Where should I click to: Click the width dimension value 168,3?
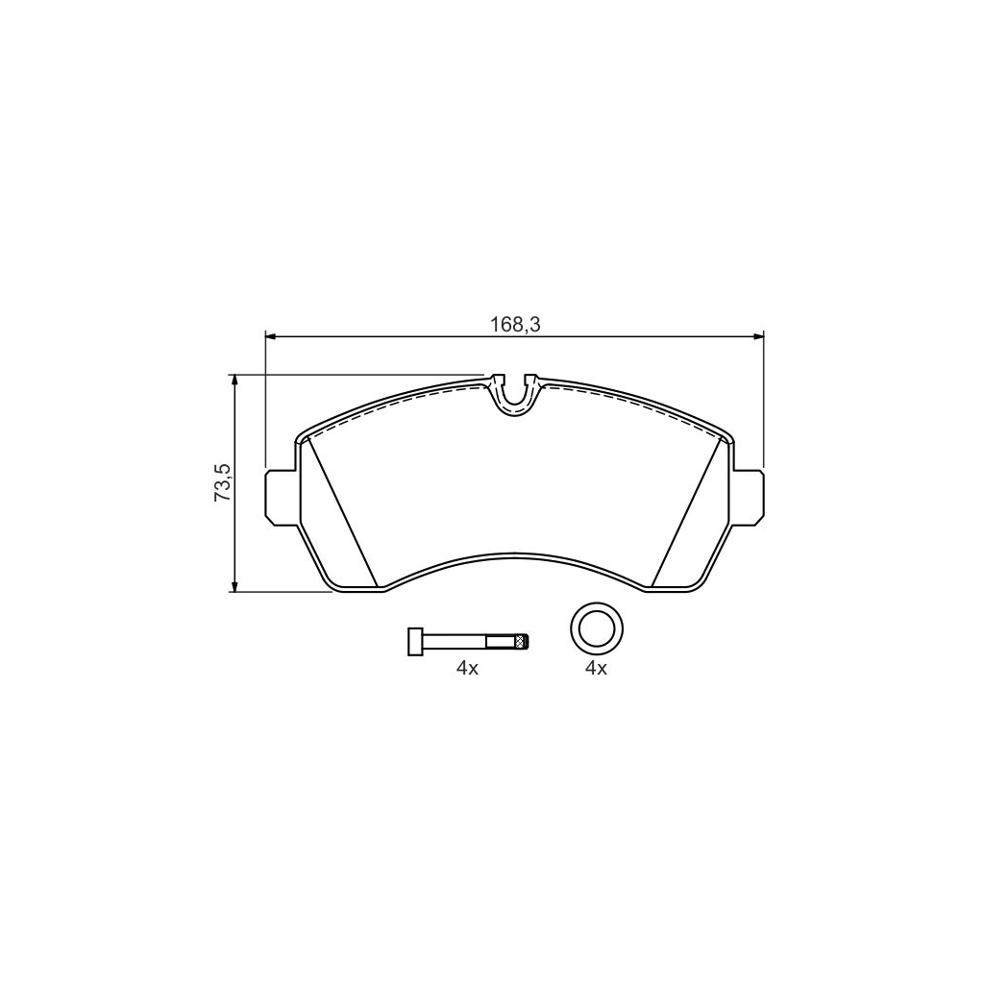pyautogui.click(x=515, y=325)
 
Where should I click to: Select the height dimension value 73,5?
pyautogui.click(x=222, y=482)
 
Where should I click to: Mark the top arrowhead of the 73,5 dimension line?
pyautogui.click(x=234, y=381)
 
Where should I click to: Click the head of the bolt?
pyautogui.click(x=415, y=641)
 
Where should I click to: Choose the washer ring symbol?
pyautogui.click(x=596, y=629)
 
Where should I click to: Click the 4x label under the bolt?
pyautogui.click(x=467, y=669)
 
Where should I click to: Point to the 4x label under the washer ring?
pyautogui.click(x=596, y=669)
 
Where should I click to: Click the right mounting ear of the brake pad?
pyautogui.click(x=749, y=497)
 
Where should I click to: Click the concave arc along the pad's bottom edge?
pyautogui.click(x=515, y=554)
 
